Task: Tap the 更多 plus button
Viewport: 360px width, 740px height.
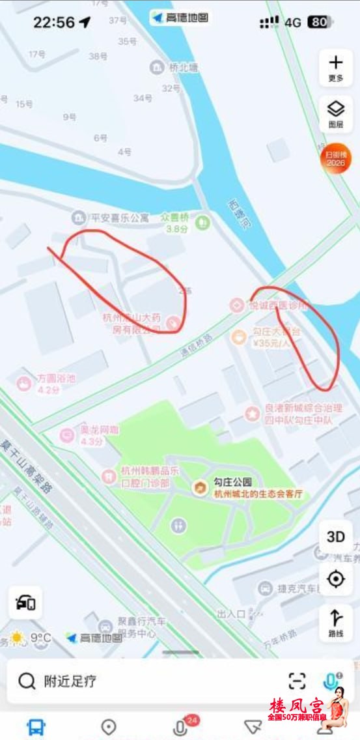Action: pos(336,67)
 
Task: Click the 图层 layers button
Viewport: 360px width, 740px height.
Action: pos(336,113)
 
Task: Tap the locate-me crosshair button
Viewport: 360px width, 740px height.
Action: pos(336,578)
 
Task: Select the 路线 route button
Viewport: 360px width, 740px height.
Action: pos(336,623)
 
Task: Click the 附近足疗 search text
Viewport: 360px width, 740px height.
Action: pos(70,681)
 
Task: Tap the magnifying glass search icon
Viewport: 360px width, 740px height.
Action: pos(27,681)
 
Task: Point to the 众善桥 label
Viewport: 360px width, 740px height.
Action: pos(174,217)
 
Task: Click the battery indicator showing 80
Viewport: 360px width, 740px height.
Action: pos(319,22)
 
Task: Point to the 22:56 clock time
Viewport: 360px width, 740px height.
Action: pos(54,22)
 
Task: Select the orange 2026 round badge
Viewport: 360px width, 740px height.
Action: pos(336,158)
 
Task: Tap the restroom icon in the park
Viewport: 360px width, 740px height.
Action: pos(178,525)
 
